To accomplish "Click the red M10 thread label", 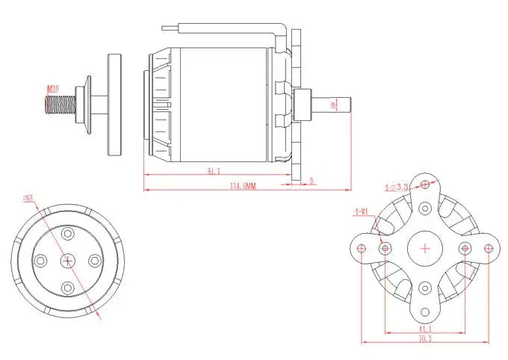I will coord(53,89).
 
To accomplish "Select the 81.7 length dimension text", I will coord(214,172).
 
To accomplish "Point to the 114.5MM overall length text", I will coord(243,185).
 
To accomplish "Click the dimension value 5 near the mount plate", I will coord(311,180).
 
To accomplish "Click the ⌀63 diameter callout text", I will coord(28,199).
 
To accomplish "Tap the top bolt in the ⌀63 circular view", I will coord(68,233).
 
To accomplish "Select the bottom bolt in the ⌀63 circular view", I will coord(68,287).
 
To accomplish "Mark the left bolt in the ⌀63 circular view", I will coord(41,260).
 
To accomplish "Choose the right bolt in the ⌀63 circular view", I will coord(95,260).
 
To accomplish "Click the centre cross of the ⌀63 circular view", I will coord(68,260).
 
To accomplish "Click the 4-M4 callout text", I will coord(361,211).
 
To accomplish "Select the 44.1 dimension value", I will coord(424,329).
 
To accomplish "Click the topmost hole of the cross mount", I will coord(425,184).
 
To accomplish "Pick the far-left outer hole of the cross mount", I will coord(361,248).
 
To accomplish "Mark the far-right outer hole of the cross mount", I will coord(489,248).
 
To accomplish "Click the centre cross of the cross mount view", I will coord(425,248).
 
